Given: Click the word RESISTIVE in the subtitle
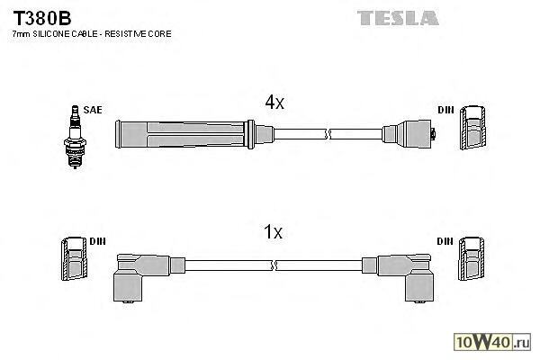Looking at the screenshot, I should [x=129, y=33].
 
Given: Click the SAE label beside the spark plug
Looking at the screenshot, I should [x=93, y=110].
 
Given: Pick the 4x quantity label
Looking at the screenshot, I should [x=274, y=103].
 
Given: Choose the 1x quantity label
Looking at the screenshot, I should [x=274, y=232].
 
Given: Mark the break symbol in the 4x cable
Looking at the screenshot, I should [x=329, y=133].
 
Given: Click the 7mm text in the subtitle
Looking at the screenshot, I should [x=21, y=33].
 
